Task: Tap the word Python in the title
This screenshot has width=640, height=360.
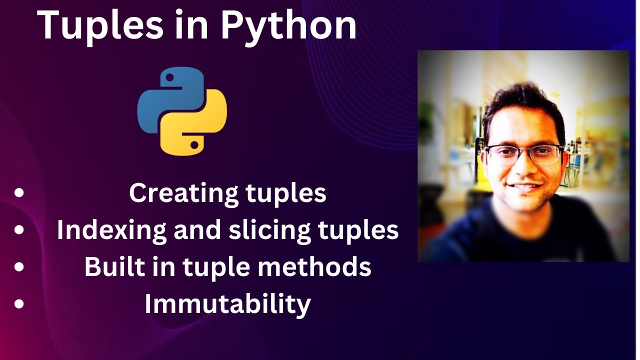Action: (288, 24)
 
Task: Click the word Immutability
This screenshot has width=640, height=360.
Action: (227, 304)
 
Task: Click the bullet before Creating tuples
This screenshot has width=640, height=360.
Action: (19, 193)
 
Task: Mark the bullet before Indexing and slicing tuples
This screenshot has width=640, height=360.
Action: (19, 230)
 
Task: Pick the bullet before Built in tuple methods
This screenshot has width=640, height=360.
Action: (19, 267)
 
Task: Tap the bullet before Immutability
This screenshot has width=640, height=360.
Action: (19, 304)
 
